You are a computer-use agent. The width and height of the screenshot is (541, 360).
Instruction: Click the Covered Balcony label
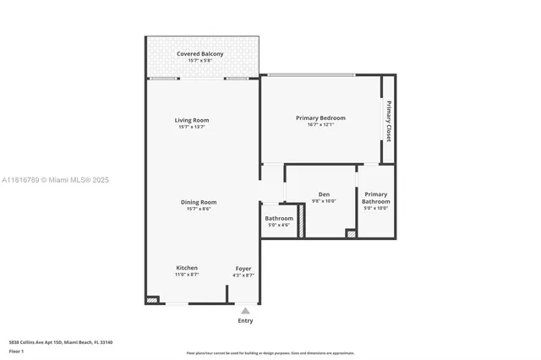tap(200, 54)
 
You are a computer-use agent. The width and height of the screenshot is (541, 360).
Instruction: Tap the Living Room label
tap(192, 120)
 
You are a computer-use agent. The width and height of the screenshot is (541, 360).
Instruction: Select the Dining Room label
tap(199, 202)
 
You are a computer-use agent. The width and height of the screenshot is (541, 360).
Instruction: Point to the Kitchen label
tap(187, 268)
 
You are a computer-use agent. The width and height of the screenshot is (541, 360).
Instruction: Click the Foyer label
tap(243, 269)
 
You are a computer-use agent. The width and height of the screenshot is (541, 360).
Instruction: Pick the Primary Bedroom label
tap(320, 117)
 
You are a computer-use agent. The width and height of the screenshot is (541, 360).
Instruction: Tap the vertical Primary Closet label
tap(389, 121)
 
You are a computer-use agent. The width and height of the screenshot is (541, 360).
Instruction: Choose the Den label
tap(324, 194)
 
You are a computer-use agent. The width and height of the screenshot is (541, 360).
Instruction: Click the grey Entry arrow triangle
tap(245, 311)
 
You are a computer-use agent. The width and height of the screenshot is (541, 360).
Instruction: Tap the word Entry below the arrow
tap(245, 321)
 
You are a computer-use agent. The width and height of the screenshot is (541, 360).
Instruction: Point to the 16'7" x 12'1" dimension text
tap(320, 125)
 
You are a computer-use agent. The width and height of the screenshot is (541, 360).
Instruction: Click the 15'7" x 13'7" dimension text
tap(192, 127)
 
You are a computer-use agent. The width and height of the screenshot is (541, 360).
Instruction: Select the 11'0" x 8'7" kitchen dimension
tap(187, 275)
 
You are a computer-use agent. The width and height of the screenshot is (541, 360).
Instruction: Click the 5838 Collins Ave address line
tap(61, 342)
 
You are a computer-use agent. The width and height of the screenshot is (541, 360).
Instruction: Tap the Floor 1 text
tap(16, 351)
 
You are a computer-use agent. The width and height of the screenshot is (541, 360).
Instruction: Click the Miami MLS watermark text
tap(55, 180)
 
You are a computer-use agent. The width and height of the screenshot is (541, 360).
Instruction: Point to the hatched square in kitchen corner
tap(152, 298)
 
